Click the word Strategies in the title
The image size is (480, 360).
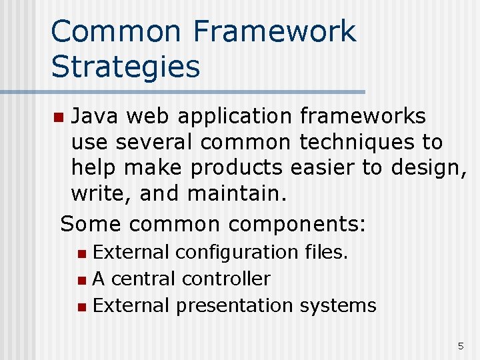point(125,67)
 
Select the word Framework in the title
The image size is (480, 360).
point(275,32)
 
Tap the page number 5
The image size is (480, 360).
point(460,345)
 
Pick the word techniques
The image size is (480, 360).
point(360,142)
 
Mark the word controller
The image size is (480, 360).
point(226,278)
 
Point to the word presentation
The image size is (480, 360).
point(234,306)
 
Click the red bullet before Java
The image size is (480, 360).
point(59,118)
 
